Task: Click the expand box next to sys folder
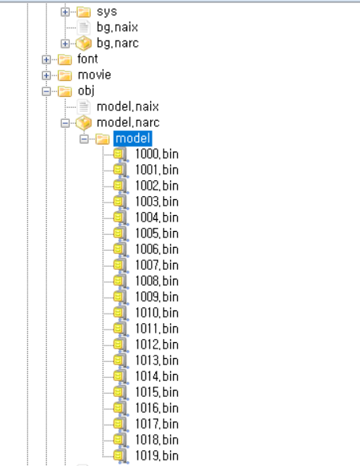pos(65,12)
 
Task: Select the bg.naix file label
pos(118,27)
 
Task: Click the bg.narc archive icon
pos(83,44)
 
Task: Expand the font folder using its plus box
pos(46,60)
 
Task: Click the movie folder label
pos(95,75)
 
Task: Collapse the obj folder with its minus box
pos(46,91)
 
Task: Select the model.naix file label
pos(128,106)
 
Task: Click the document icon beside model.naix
pos(83,106)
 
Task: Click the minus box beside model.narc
pos(65,123)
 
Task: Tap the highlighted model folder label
pos(133,138)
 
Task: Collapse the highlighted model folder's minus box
pos(84,138)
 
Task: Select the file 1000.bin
pos(157,154)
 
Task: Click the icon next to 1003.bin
pos(121,202)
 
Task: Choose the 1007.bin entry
pos(157,265)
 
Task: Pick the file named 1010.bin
pos(157,313)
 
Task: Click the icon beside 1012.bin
pos(121,345)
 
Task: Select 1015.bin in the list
pos(157,392)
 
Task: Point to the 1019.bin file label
pos(157,456)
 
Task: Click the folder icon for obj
pos(64,91)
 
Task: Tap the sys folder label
pos(106,12)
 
